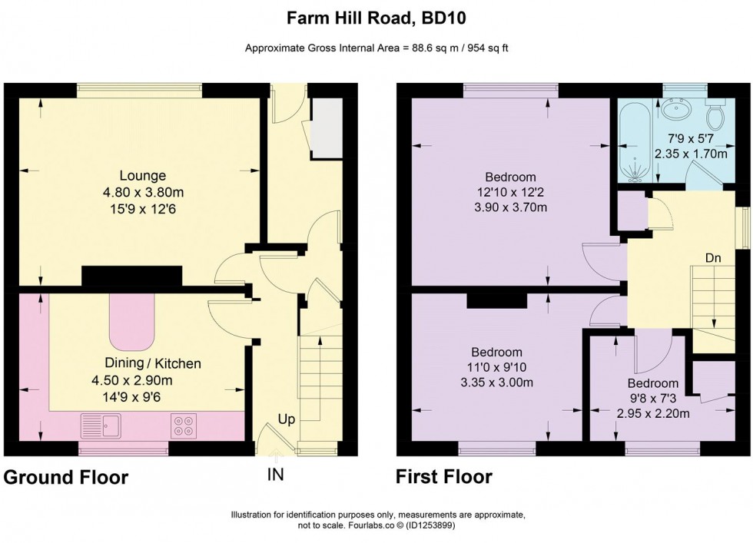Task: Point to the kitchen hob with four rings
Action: [x=184, y=425]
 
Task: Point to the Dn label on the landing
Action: [x=712, y=259]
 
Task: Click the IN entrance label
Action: [x=275, y=475]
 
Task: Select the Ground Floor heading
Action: [x=66, y=478]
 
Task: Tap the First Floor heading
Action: [x=444, y=478]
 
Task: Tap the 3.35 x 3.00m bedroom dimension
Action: [x=497, y=382]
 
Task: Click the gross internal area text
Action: [x=376, y=48]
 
